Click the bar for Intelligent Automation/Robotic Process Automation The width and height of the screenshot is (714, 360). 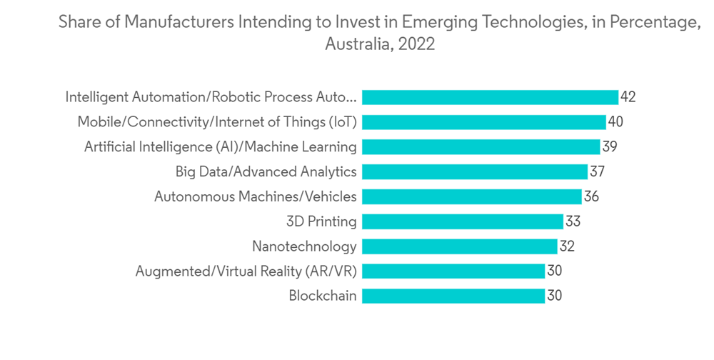pyautogui.click(x=490, y=97)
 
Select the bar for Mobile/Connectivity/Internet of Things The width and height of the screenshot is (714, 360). pyautogui.click(x=483, y=122)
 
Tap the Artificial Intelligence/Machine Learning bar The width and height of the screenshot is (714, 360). pyautogui.click(x=481, y=146)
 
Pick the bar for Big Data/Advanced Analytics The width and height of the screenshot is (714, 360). pyautogui.click(x=475, y=171)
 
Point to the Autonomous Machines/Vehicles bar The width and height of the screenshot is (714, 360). pyautogui.click(x=471, y=196)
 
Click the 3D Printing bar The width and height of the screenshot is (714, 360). pyautogui.click(x=463, y=221)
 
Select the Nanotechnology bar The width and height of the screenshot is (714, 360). pyautogui.click(x=459, y=246)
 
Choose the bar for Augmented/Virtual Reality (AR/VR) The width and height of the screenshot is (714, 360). pyautogui.click(x=453, y=271)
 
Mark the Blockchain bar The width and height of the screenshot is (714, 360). pyautogui.click(x=453, y=296)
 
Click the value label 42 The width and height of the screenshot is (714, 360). pyautogui.click(x=628, y=97)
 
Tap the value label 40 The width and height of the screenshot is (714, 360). pyautogui.click(x=615, y=122)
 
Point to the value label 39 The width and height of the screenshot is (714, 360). pyautogui.click(x=609, y=146)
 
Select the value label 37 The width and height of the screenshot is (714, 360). pyautogui.click(x=597, y=171)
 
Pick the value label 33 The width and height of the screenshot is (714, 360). pyautogui.click(x=573, y=221)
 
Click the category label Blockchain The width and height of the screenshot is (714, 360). pyautogui.click(x=323, y=296)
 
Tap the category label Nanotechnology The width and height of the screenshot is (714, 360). pyautogui.click(x=304, y=246)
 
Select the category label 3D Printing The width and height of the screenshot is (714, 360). pyautogui.click(x=321, y=221)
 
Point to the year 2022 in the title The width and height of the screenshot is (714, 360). pyautogui.click(x=417, y=44)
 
